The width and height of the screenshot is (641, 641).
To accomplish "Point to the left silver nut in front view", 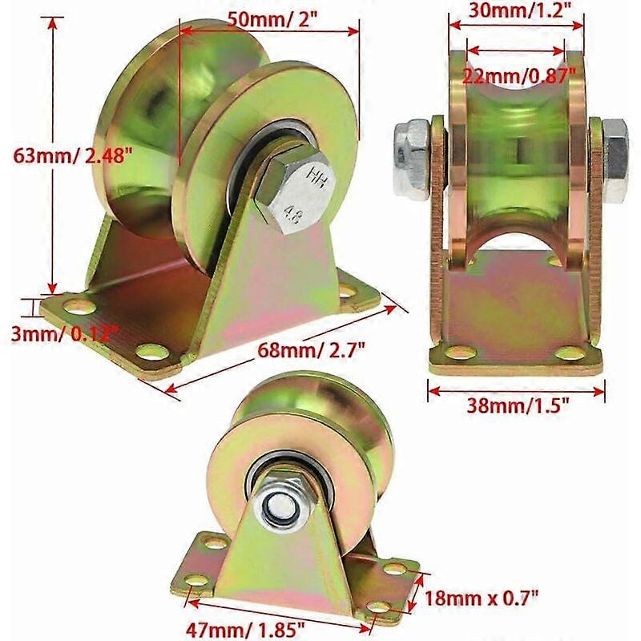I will point(410,155).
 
